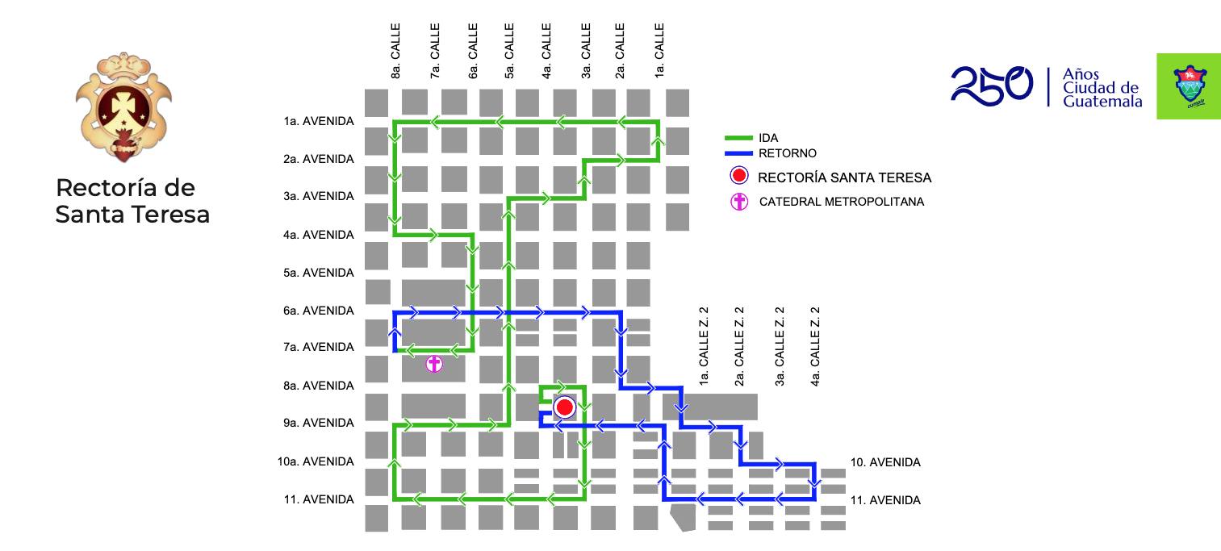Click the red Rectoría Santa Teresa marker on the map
pyautogui.click(x=564, y=407)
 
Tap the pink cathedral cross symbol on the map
pyautogui.click(x=434, y=364)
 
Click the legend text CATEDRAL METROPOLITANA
pyautogui.click(x=841, y=202)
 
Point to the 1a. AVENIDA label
pyautogui.click(x=319, y=121)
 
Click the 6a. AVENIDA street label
pyautogui.click(x=319, y=311)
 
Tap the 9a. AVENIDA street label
pyautogui.click(x=319, y=423)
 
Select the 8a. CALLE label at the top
pyautogui.click(x=395, y=50)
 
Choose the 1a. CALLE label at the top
pyautogui.click(x=659, y=50)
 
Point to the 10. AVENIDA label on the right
pyautogui.click(x=885, y=462)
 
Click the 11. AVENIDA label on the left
pyautogui.click(x=319, y=499)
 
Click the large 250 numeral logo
pyautogui.click(x=991, y=85)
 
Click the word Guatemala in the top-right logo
pyautogui.click(x=1102, y=102)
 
